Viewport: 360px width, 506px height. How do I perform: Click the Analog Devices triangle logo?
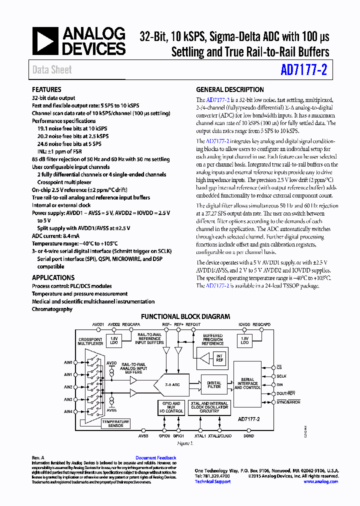(x=46, y=41)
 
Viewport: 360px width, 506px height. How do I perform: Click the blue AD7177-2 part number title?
(x=303, y=70)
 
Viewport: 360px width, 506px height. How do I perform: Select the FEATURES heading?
(x=46, y=90)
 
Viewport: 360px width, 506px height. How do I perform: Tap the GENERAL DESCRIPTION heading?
(x=229, y=90)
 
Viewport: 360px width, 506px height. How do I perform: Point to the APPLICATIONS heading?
(x=53, y=277)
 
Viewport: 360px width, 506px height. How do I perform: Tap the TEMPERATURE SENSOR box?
(x=115, y=423)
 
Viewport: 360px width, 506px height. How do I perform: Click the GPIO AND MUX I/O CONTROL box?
(x=171, y=407)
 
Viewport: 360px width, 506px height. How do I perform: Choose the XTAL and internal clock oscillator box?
(x=209, y=407)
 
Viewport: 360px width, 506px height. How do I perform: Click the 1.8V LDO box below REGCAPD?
(x=244, y=340)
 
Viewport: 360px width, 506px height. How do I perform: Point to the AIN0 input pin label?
(x=68, y=362)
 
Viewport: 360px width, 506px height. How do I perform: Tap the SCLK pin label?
(x=281, y=376)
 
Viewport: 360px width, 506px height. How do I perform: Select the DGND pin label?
(x=248, y=435)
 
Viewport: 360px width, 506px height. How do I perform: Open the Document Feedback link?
(x=155, y=458)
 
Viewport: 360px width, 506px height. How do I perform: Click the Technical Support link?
(x=212, y=481)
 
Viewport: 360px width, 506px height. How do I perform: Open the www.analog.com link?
(x=320, y=481)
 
